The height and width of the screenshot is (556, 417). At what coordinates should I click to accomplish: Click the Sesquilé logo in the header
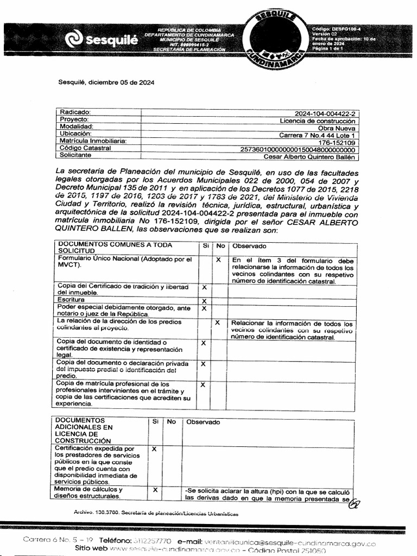tap(101, 40)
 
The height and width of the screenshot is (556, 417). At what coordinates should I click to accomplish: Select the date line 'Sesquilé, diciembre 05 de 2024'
tap(106, 83)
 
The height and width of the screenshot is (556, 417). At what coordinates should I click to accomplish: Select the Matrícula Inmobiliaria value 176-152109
tap(337, 142)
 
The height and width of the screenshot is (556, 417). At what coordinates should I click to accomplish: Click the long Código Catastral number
tap(298, 149)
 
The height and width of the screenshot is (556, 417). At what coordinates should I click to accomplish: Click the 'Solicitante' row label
tap(75, 155)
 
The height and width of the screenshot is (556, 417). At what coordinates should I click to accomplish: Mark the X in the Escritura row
tap(204, 301)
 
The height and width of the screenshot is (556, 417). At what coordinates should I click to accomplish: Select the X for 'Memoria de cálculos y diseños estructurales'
tap(155, 490)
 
